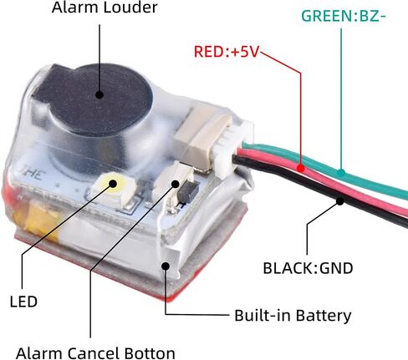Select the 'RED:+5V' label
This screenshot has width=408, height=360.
click(x=227, y=50)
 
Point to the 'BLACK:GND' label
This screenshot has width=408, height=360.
click(x=309, y=268)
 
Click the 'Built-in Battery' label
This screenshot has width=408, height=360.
click(x=291, y=316)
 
